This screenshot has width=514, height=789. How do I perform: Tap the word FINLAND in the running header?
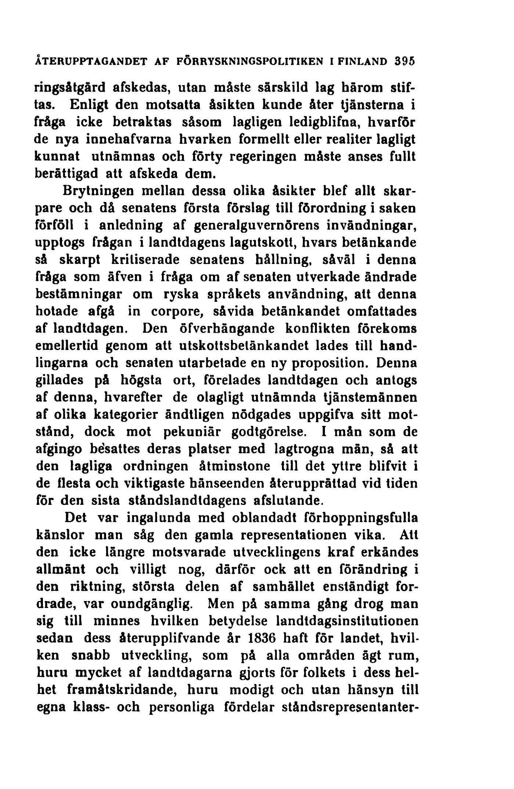pyautogui.click(x=365, y=61)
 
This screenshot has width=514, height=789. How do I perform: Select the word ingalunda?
pyautogui.click(x=153, y=518)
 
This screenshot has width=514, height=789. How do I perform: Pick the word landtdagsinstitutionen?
pyautogui.click(x=343, y=620)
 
